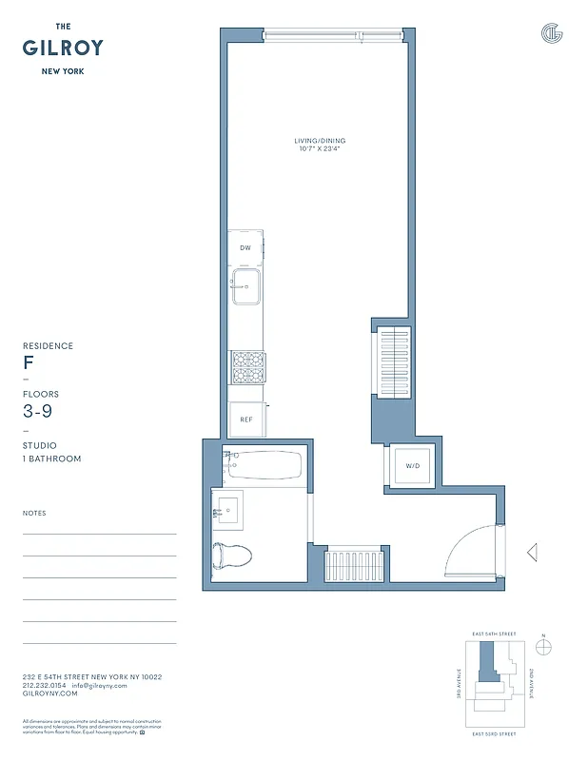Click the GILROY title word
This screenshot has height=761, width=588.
pyautogui.click(x=63, y=48)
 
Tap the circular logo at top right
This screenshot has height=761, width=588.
pyautogui.click(x=552, y=33)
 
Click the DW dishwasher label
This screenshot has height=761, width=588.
pyautogui.click(x=245, y=248)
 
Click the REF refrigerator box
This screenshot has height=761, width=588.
pyautogui.click(x=245, y=420)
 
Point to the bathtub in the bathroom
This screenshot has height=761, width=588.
pyautogui.click(x=265, y=466)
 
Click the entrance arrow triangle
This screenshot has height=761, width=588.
pyautogui.click(x=532, y=552)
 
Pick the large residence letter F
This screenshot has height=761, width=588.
pyautogui.click(x=29, y=363)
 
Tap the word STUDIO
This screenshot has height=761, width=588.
pyautogui.click(x=40, y=445)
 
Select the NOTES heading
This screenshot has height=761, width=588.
pyautogui.click(x=34, y=514)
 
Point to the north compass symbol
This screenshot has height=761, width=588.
pyautogui.click(x=544, y=647)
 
